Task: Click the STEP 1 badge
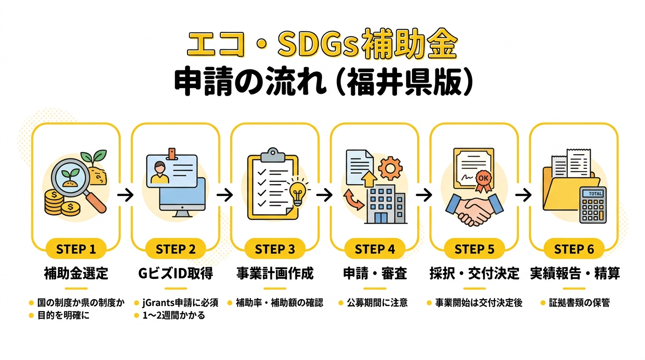pyautogui.click(x=76, y=249)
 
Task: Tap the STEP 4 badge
pyautogui.click(x=375, y=249)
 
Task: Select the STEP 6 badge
pyautogui.click(x=574, y=249)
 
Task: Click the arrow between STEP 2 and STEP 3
pyautogui.click(x=225, y=195)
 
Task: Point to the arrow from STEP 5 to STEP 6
pyautogui.click(x=524, y=195)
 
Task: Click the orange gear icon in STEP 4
pyautogui.click(x=390, y=168)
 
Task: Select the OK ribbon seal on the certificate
pyautogui.click(x=483, y=181)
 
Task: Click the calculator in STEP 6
pyautogui.click(x=593, y=205)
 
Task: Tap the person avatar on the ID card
pyautogui.click(x=160, y=172)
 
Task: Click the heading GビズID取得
pyautogui.click(x=176, y=273)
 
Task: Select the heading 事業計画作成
pyautogui.click(x=275, y=273)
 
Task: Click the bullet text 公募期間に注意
pyautogui.click(x=377, y=303)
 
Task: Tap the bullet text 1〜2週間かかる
pyautogui.click(x=174, y=315)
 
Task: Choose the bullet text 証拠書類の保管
pyautogui.click(x=579, y=303)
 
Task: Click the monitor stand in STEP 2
pyautogui.click(x=182, y=213)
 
